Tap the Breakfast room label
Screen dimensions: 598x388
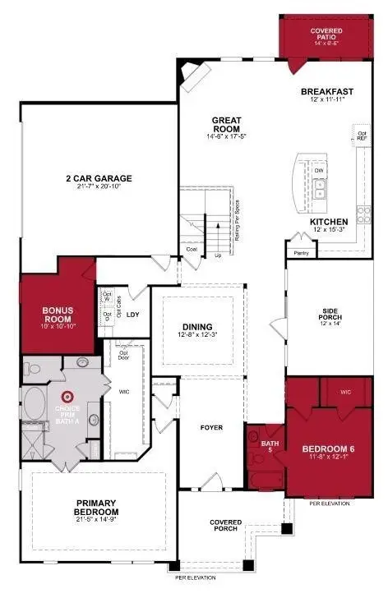(326, 92)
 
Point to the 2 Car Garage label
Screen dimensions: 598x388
(99, 179)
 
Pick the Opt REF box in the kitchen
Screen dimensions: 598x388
(361, 133)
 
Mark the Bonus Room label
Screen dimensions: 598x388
(58, 315)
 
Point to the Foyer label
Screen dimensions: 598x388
(212, 428)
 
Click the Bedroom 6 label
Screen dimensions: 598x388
(327, 449)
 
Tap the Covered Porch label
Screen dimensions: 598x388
(225, 524)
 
